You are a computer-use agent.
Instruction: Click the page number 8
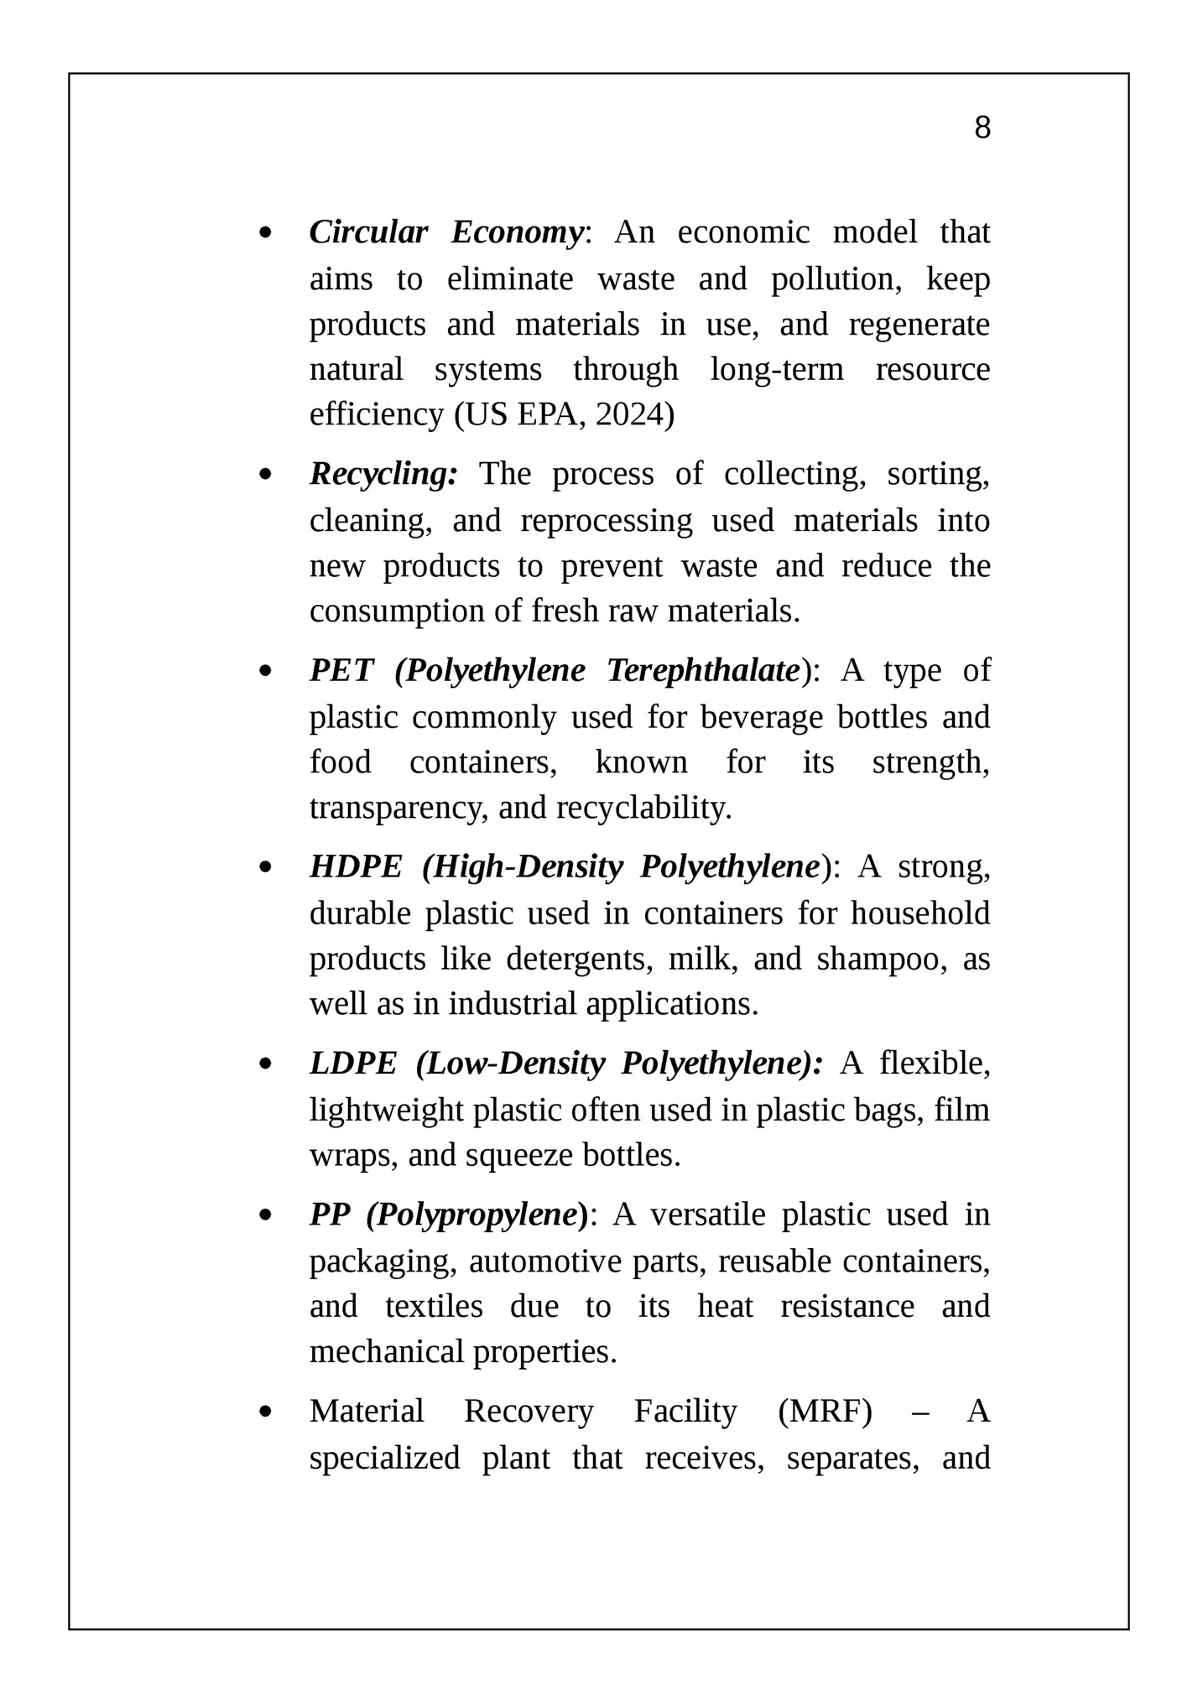point(982,127)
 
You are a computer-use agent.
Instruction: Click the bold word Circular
point(368,232)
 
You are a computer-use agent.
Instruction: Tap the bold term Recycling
point(383,475)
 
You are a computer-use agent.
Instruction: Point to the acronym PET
point(341,671)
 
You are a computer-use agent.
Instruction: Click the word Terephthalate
point(703,671)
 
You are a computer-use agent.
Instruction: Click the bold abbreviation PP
point(329,1215)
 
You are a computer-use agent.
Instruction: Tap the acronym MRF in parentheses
point(825,1412)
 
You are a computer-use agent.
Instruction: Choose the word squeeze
point(520,1156)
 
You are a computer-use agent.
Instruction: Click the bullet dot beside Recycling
point(266,476)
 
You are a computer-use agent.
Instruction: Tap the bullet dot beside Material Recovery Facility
point(266,1412)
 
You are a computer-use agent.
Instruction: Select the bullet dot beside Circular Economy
point(266,233)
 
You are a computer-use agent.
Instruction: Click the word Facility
point(685,1412)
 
